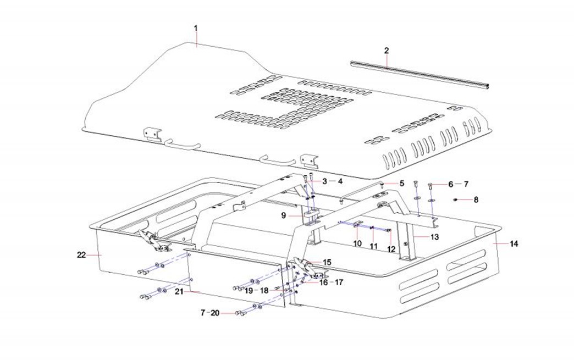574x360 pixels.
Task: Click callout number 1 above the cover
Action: [x=195, y=27]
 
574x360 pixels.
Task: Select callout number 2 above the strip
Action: [x=387, y=51]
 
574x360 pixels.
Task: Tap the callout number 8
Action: [x=476, y=200]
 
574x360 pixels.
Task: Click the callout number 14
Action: [x=514, y=243]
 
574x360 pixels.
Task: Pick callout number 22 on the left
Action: [x=80, y=254]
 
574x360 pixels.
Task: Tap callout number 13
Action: [x=434, y=237]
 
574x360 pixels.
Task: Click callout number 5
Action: [x=402, y=183]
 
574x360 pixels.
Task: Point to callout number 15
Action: [x=327, y=263]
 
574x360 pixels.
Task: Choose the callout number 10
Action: [x=357, y=243]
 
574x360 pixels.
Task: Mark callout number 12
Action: [x=391, y=249]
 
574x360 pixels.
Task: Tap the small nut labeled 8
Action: [x=456, y=200]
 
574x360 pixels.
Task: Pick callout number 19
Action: [x=249, y=290]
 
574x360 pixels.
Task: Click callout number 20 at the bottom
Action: [x=214, y=313]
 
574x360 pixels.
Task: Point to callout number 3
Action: [x=324, y=181]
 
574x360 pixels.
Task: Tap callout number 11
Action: [x=374, y=246]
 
